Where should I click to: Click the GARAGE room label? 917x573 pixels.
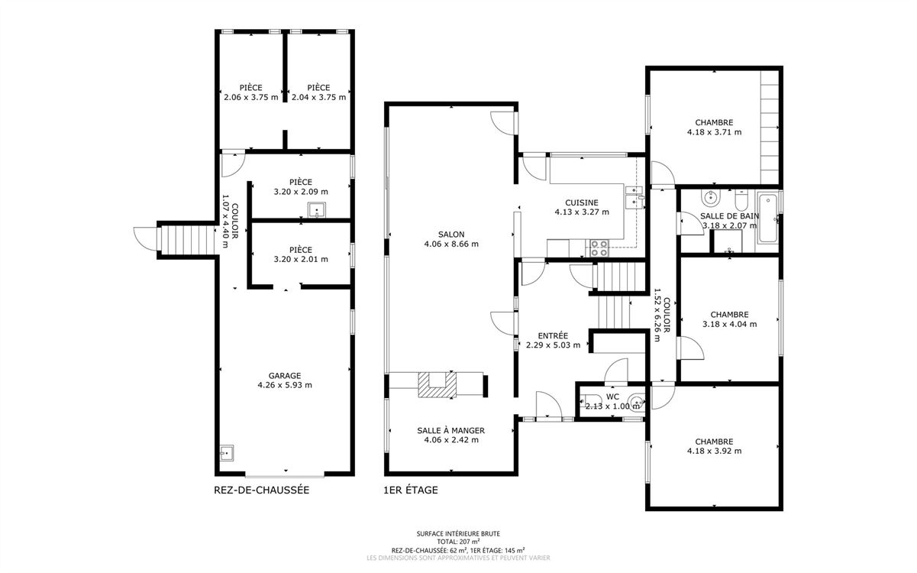click(x=285, y=376)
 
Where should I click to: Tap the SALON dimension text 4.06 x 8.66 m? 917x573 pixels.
click(x=451, y=244)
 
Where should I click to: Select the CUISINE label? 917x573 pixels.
click(x=581, y=202)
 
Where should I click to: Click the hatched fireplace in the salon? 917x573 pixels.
click(x=437, y=385)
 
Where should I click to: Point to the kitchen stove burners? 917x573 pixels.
click(x=599, y=248)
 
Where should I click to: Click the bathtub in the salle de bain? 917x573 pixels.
click(x=767, y=219)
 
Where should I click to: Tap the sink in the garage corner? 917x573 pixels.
click(x=226, y=453)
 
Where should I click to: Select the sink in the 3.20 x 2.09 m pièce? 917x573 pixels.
click(x=316, y=210)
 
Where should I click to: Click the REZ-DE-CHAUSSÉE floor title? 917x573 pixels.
click(x=262, y=490)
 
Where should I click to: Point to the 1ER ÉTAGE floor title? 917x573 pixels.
click(x=411, y=490)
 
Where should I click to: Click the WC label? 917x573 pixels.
click(x=612, y=397)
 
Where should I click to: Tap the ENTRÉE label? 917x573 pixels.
click(x=553, y=336)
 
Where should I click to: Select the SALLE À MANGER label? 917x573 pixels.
click(x=450, y=430)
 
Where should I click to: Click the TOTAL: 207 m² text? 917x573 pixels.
click(x=458, y=542)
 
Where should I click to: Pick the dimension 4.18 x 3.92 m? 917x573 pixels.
click(x=714, y=451)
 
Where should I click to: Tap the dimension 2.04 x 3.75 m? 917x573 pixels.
click(x=318, y=98)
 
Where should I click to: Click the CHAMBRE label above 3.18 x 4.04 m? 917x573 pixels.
click(x=729, y=315)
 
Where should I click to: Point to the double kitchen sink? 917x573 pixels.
click(x=634, y=197)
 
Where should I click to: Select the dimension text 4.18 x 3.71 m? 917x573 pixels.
click(x=714, y=132)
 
